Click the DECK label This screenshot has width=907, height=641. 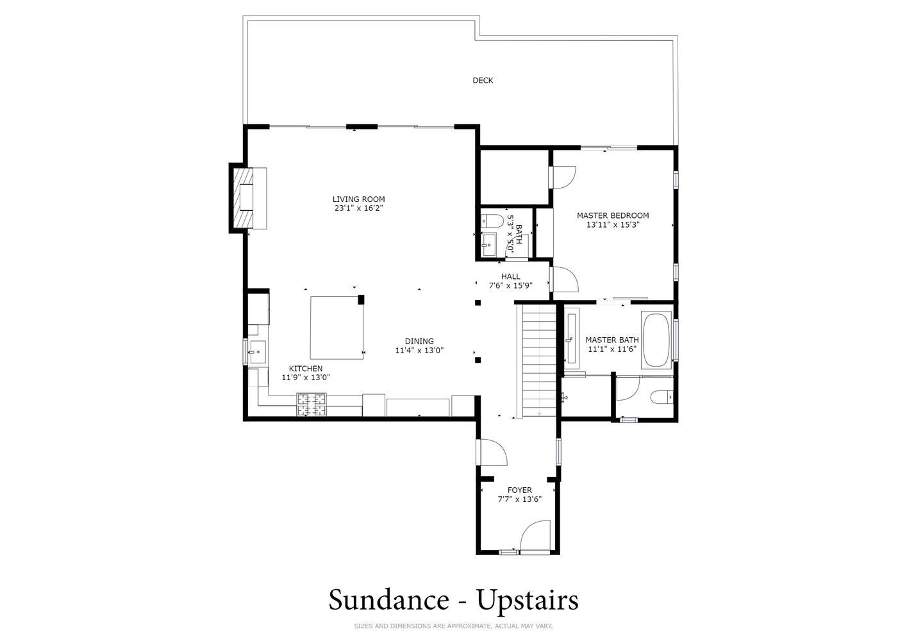pyautogui.click(x=483, y=81)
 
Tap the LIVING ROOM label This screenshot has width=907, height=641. pyautogui.click(x=359, y=199)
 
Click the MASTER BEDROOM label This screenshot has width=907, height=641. pyautogui.click(x=613, y=216)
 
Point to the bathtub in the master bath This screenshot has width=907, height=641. pyautogui.click(x=656, y=339)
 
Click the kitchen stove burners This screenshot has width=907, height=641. pyautogui.click(x=312, y=404)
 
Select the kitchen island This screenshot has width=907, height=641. pyautogui.click(x=337, y=328)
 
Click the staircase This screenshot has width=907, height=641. pyautogui.click(x=539, y=360)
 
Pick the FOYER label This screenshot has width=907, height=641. pyautogui.click(x=519, y=490)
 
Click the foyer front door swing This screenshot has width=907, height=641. pyautogui.click(x=535, y=535)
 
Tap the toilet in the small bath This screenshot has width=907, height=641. pyautogui.click(x=489, y=221)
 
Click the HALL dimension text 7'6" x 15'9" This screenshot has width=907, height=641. pyautogui.click(x=511, y=285)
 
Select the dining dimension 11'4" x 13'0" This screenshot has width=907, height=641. pyautogui.click(x=419, y=350)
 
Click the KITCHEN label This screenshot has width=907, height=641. pyautogui.click(x=306, y=369)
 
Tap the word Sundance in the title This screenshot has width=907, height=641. pyautogui.click(x=388, y=600)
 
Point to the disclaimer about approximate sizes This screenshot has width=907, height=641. pyautogui.click(x=453, y=626)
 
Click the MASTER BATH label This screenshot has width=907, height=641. pyautogui.click(x=612, y=340)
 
